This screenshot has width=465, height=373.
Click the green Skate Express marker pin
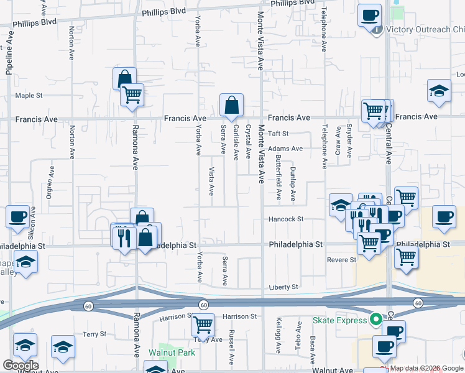375,320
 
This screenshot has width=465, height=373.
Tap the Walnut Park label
172,352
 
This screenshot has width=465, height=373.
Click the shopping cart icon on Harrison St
203,325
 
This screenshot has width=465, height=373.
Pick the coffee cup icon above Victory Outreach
370,15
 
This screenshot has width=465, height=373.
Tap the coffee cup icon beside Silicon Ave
18,218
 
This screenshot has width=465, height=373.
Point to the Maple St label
29,96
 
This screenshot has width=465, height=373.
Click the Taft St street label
279,134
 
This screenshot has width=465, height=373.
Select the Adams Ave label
285,149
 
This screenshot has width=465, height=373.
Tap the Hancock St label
286,219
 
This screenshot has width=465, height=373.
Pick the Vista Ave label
212,180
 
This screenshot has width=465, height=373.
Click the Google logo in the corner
21,366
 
